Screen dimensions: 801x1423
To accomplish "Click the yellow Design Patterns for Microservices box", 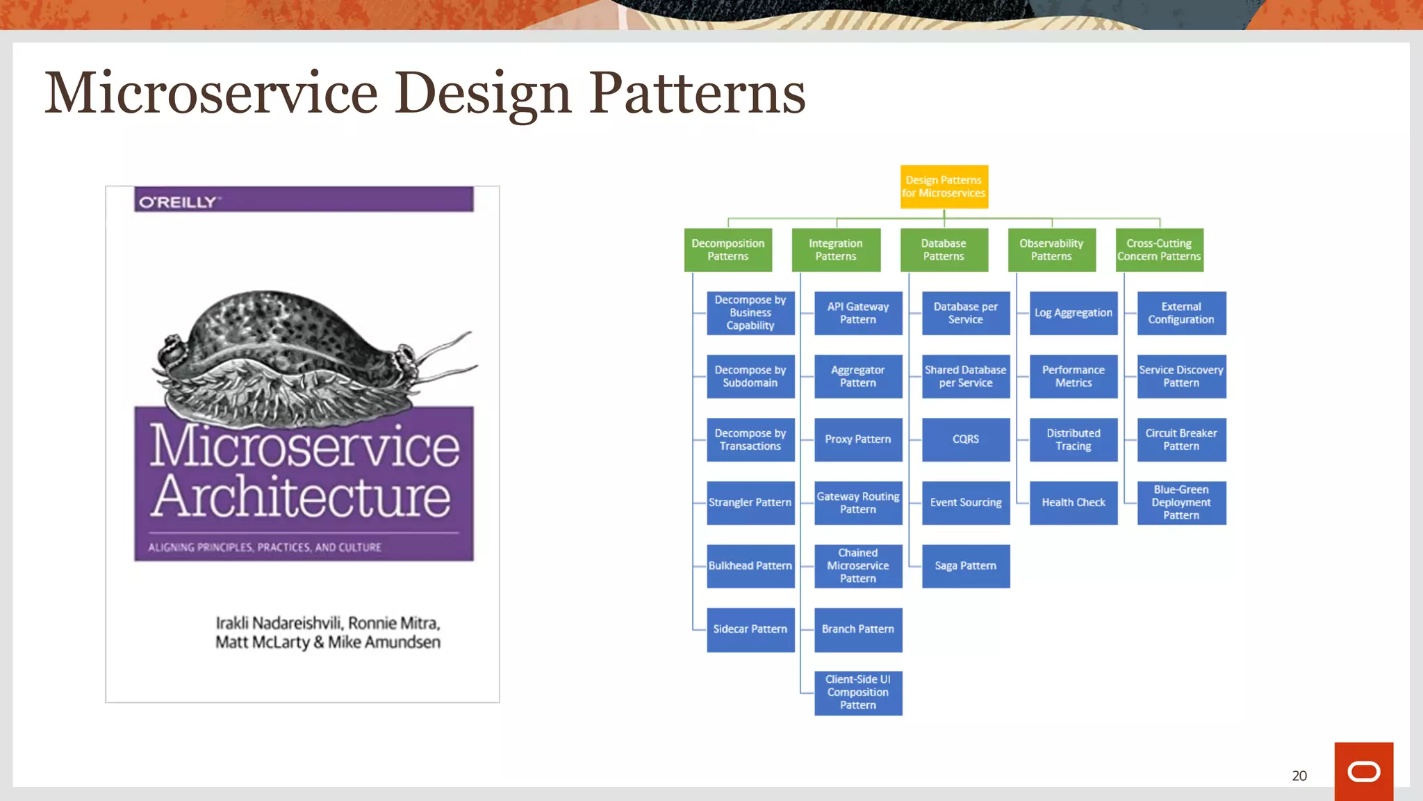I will [x=944, y=186].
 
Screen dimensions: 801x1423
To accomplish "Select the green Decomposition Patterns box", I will [x=727, y=250].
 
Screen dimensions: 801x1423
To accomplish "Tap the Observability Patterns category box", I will [x=1051, y=250].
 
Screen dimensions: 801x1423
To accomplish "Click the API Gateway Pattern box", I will [x=857, y=313].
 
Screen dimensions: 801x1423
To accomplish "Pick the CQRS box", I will [x=965, y=439].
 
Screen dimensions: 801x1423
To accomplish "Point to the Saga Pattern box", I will [x=965, y=566].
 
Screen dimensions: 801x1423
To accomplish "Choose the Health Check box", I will [x=1073, y=503].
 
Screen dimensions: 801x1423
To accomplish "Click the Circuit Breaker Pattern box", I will [x=1181, y=439].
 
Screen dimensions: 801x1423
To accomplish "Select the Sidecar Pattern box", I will [x=750, y=629].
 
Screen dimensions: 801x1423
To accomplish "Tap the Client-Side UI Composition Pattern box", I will [x=857, y=693].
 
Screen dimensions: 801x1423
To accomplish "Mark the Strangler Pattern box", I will [x=750, y=503].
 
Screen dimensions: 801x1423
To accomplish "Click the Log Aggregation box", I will [x=1073, y=313].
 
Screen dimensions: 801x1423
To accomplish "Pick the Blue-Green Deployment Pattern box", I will [x=1181, y=503].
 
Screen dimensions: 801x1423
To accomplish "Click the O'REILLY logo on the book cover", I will [x=179, y=202].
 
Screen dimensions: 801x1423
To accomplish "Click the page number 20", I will [x=1299, y=776].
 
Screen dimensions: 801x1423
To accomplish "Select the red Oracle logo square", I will [x=1363, y=771].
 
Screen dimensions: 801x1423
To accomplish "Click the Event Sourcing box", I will [x=965, y=503].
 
